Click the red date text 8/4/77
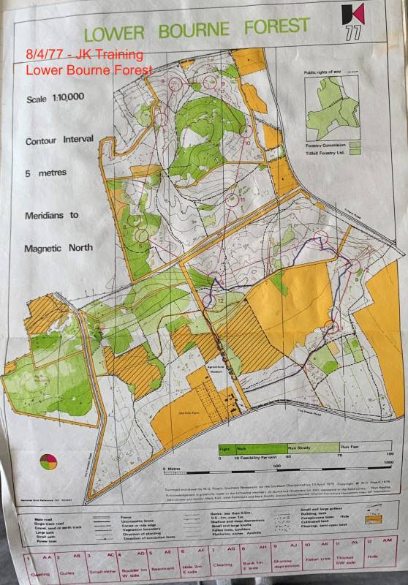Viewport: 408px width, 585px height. click(x=46, y=55)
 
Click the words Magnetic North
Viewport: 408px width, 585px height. click(x=58, y=247)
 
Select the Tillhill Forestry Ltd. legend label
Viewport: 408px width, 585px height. click(x=325, y=152)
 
